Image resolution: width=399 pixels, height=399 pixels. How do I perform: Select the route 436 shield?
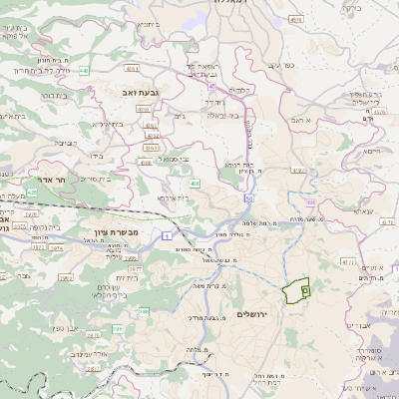pos(195,184)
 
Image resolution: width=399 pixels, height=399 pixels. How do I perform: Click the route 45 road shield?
pos(210,86)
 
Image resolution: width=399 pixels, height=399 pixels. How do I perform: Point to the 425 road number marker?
pos(32,192)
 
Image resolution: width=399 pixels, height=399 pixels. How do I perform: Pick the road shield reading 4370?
pos(297,171)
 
